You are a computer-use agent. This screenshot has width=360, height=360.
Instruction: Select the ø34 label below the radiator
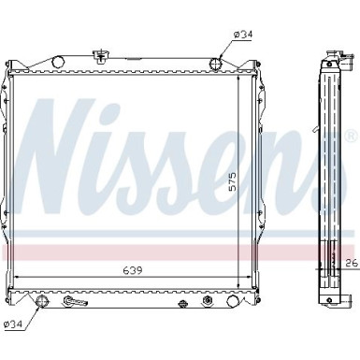14,324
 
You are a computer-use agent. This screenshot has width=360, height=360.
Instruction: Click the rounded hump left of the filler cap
58,61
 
